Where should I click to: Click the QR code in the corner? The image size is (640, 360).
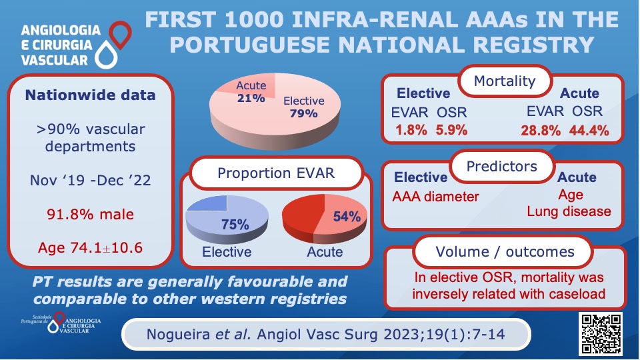tap(602, 333)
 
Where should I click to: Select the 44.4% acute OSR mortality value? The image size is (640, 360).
tap(589, 131)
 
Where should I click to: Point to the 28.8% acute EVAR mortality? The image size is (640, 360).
tap(540, 131)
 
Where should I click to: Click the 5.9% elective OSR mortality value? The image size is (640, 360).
tap(452, 131)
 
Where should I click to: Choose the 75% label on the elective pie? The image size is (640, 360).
tap(235, 225)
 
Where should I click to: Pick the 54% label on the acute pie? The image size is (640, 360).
tap(347, 217)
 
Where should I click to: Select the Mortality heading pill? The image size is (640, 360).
tap(504, 81)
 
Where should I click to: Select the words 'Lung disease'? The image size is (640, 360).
tap(569, 211)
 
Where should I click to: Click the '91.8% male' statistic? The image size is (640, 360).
tap(90, 214)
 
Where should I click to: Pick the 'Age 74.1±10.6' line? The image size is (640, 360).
tap(90, 248)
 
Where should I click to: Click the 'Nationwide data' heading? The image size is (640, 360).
tap(90, 95)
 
